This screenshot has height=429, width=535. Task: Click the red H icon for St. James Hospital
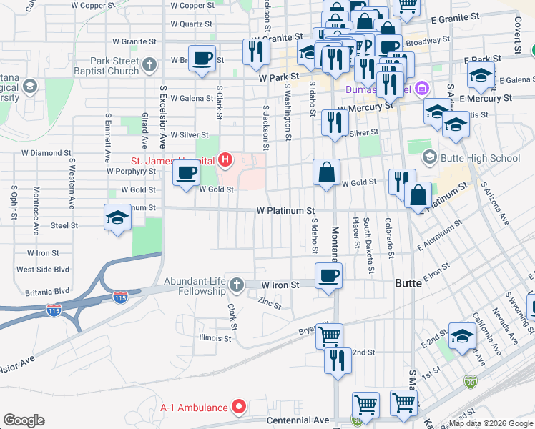coord(226,159)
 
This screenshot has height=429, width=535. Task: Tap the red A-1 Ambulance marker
coord(240,408)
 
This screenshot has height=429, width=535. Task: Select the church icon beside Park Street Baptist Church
coord(149,66)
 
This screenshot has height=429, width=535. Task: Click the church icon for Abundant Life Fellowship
coord(235,285)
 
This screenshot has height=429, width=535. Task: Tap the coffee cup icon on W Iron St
coord(328,276)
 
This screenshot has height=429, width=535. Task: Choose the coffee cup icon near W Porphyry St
coord(187,173)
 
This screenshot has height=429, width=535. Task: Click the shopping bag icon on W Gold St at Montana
coord(326,172)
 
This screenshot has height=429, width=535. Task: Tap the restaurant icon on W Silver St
coord(335,123)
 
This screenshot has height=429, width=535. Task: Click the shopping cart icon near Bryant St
coord(329,335)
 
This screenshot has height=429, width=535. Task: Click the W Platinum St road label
coord(286,211)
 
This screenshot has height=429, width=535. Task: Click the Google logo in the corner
coord(24,420)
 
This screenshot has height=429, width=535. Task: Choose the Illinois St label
coord(215,337)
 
